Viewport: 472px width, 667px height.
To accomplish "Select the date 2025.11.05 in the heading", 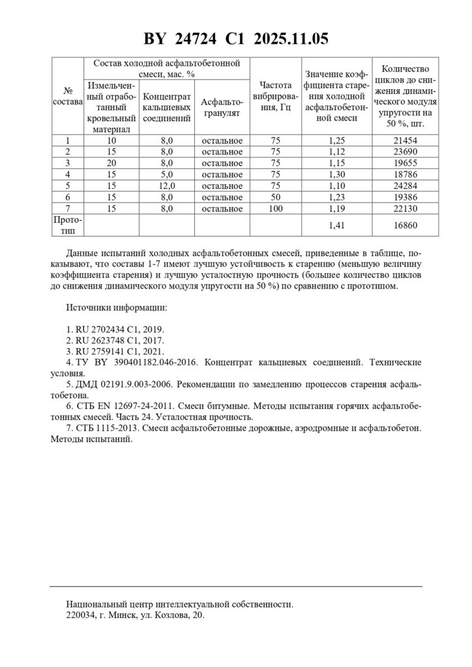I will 290,39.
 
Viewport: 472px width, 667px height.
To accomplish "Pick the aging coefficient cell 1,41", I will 336,226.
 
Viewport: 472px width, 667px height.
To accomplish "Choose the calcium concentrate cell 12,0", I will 166,186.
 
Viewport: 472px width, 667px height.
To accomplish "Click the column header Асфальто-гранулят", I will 222,107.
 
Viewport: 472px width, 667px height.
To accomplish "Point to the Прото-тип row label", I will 68,225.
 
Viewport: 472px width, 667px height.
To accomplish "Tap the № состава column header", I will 68,96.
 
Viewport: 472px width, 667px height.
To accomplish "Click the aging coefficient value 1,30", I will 336,175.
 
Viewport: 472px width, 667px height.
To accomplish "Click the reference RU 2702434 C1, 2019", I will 115,329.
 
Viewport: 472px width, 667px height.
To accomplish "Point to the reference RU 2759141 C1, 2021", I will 115,350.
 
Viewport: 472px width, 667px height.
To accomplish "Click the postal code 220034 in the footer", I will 82,615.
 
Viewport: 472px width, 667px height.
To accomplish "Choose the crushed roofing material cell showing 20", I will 111,163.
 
